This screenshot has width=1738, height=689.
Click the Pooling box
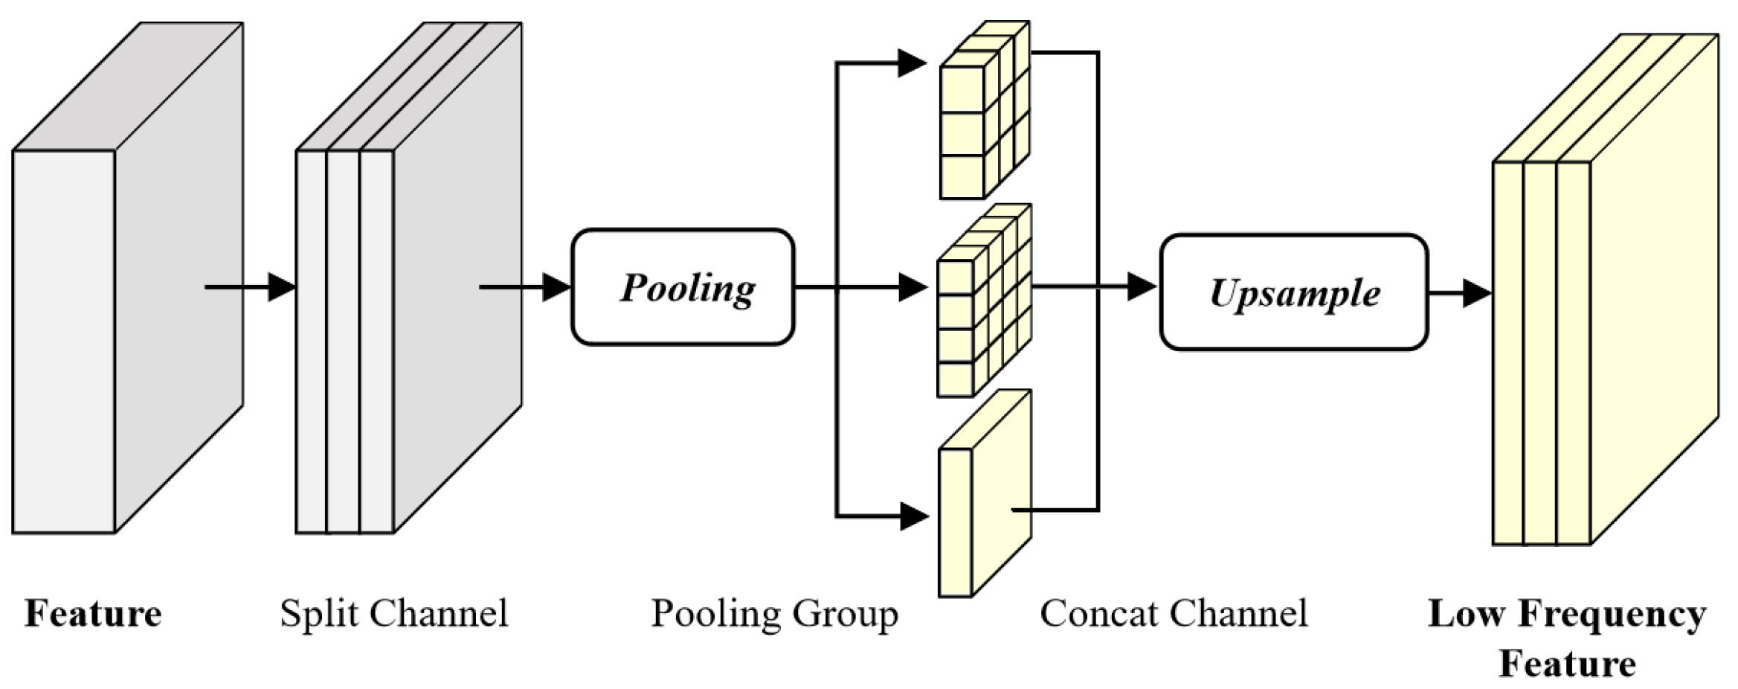683,287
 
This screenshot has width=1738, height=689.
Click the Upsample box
1293,292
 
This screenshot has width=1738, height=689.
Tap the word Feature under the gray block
93,614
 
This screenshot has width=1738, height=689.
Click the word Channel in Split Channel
440,614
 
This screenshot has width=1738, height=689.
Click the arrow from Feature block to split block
250,286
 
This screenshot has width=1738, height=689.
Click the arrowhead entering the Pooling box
556,286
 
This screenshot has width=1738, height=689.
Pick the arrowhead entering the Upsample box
1142,286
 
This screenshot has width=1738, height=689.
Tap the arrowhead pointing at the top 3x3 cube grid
912,63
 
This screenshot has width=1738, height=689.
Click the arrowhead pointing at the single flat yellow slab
914,516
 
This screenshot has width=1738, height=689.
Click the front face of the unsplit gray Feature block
64,342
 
